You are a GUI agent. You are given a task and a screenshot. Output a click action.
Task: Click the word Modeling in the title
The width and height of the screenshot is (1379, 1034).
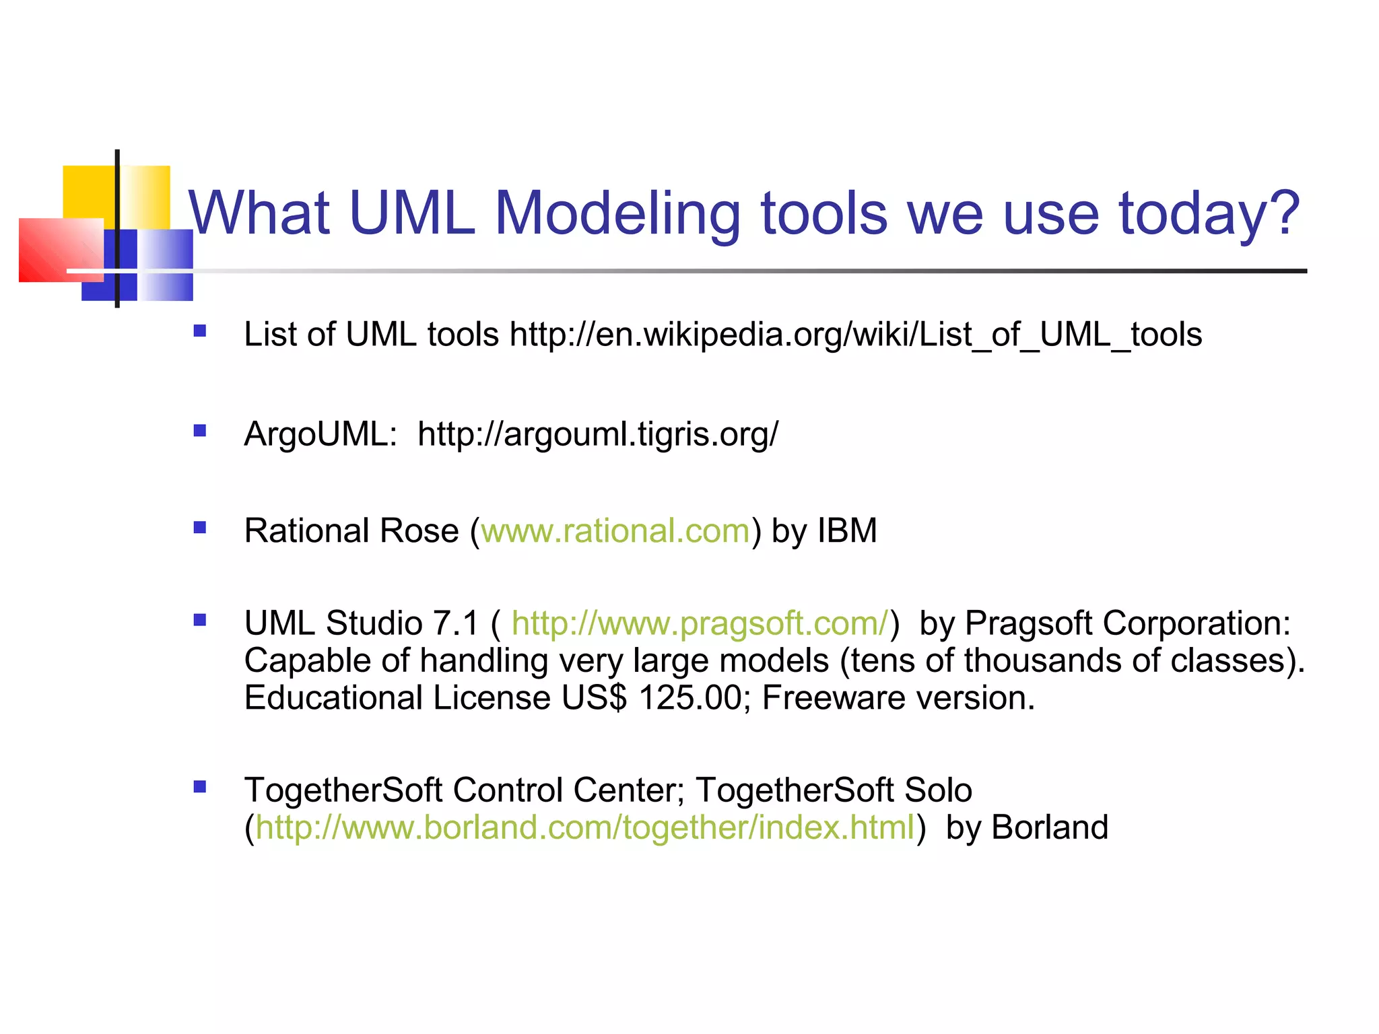point(616,213)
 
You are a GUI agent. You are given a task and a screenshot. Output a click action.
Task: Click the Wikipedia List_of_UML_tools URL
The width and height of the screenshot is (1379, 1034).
point(856,335)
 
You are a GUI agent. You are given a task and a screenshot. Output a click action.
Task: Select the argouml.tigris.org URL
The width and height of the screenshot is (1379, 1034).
point(597,434)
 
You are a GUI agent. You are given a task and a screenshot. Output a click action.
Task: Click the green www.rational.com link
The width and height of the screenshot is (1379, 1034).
point(615,530)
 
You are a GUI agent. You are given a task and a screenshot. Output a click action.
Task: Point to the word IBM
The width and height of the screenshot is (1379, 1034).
point(847,530)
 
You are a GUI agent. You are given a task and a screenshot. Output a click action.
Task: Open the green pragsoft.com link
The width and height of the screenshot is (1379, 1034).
point(700,623)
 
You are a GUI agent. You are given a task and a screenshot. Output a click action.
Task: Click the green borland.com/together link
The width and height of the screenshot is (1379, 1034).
point(584,827)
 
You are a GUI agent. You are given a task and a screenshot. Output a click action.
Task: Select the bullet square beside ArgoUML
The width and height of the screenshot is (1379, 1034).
point(199,430)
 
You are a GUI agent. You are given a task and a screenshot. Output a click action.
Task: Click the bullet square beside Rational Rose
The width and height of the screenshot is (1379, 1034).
point(199,527)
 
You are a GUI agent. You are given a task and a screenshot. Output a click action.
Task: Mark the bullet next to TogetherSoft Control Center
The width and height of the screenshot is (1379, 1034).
point(199,786)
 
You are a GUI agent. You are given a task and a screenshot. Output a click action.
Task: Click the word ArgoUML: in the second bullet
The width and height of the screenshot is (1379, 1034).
point(321,434)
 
